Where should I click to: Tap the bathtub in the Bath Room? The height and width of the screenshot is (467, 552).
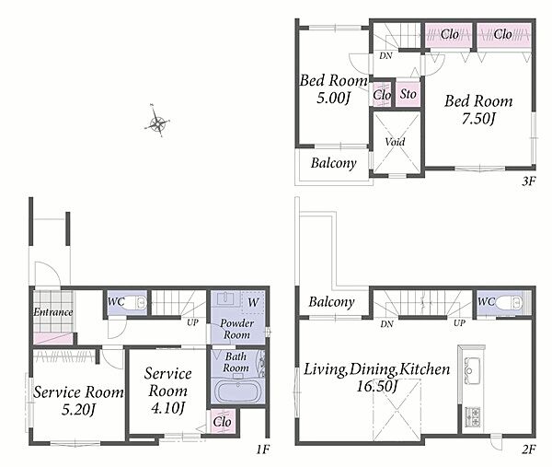[x=237, y=391]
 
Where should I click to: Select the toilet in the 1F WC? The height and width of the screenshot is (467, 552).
[x=136, y=302]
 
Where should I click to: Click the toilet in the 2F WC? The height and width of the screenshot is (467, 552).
[x=510, y=302]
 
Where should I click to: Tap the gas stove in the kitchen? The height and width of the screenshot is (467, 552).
[x=473, y=417]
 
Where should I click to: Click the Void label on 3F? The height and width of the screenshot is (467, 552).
[x=395, y=142]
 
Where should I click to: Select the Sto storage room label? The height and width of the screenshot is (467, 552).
[x=408, y=94]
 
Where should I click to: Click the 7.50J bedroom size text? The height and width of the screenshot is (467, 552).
[x=478, y=119]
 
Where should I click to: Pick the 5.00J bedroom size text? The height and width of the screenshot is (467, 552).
[x=333, y=98]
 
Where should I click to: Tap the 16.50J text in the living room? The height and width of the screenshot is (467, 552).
[x=377, y=386]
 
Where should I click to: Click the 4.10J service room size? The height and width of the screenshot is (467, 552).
[x=167, y=408]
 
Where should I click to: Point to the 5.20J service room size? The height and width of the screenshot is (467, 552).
[x=78, y=410]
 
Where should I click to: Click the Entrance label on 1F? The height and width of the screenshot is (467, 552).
[x=53, y=312]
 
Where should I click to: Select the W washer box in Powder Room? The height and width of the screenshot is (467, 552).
[x=253, y=302]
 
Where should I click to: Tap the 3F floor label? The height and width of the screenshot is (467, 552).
[x=528, y=181]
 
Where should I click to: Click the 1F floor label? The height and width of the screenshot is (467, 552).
[x=262, y=449]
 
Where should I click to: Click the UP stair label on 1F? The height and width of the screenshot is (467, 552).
[x=192, y=322]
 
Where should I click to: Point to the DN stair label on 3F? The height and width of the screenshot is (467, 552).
[x=385, y=55]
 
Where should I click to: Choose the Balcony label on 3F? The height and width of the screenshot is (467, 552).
[x=334, y=163]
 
